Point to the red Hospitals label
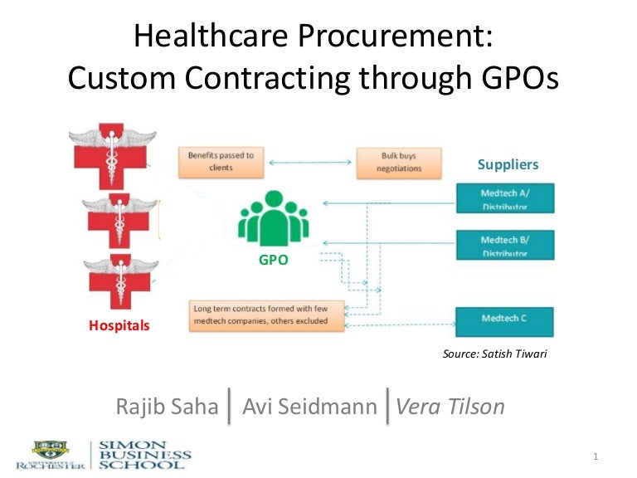click(119, 325)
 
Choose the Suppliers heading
click(508, 164)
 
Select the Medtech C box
click(505, 318)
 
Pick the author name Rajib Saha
click(168, 407)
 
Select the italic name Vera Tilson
click(450, 407)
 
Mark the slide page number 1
click(596, 457)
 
